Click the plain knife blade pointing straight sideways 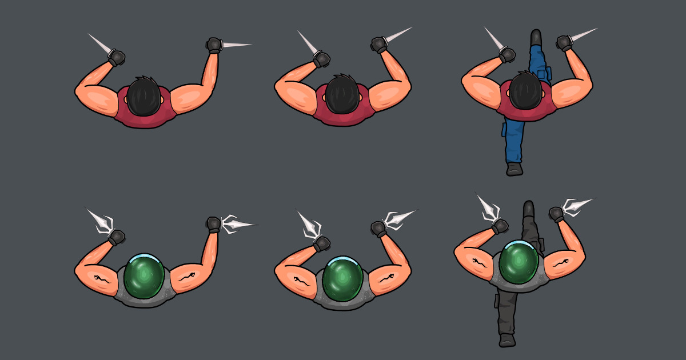pyautogui.click(x=237, y=45)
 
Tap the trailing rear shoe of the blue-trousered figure pyautogui.click(x=514, y=169)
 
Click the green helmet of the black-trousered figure pyautogui.click(x=519, y=262)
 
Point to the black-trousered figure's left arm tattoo pyautogui.click(x=478, y=263)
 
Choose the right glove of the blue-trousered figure pyautogui.click(x=564, y=42)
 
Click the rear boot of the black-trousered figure pyautogui.click(x=506, y=341)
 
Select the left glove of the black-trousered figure pyautogui.click(x=500, y=226)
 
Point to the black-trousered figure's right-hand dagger pyautogui.click(x=577, y=205)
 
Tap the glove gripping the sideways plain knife pyautogui.click(x=214, y=45)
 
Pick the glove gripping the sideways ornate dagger pyautogui.click(x=214, y=224)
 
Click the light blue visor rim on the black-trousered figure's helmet pyautogui.click(x=519, y=244)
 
